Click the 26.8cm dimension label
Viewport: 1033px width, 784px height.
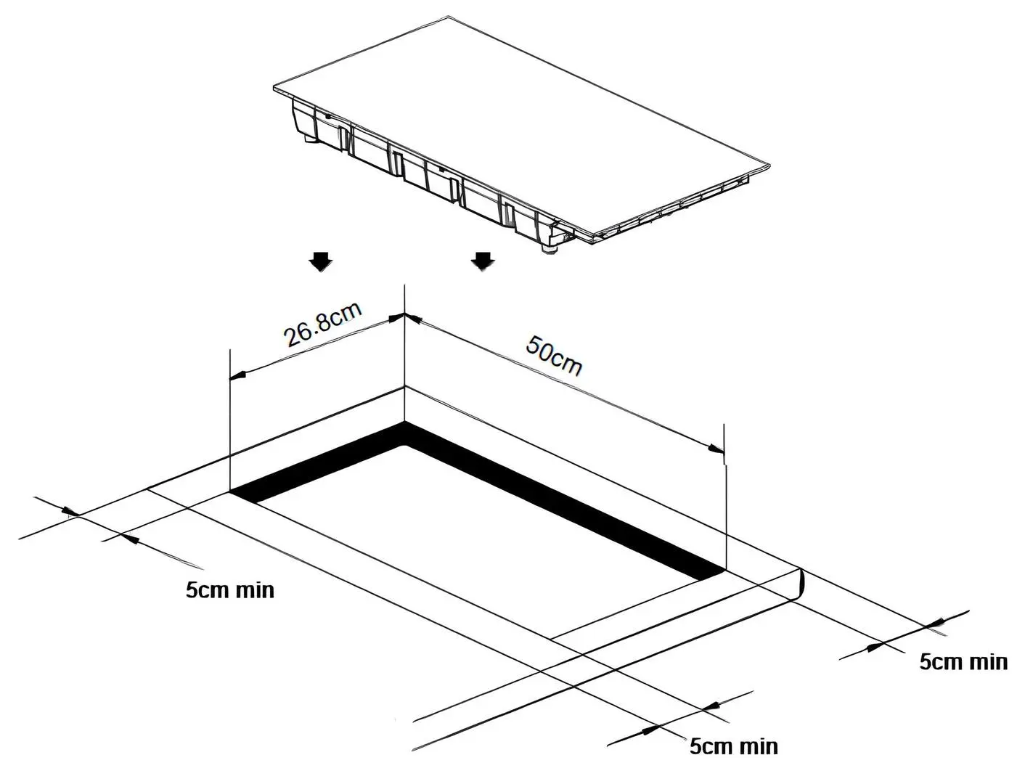click(322, 326)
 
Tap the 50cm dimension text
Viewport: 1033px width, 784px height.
click(554, 355)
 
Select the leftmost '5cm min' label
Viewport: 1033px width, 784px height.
click(230, 589)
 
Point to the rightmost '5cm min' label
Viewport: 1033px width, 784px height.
click(963, 662)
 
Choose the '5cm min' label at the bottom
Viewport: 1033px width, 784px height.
click(733, 746)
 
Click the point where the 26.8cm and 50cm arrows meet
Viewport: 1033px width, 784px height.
click(404, 317)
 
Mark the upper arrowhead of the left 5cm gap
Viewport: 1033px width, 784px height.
click(71, 513)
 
